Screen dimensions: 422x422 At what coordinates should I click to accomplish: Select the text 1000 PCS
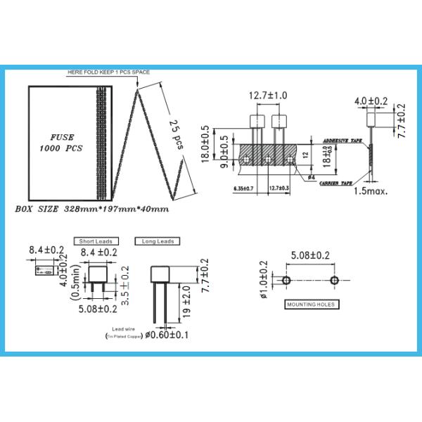(x=61, y=149)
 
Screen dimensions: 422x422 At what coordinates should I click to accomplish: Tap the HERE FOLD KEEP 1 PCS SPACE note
(x=108, y=72)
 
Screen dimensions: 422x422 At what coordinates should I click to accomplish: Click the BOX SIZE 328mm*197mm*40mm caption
(x=91, y=210)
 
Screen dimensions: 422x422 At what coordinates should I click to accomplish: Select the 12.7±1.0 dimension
(x=268, y=95)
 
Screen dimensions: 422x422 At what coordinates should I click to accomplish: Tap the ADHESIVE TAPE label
(x=341, y=141)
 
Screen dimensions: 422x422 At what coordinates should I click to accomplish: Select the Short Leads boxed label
(x=99, y=241)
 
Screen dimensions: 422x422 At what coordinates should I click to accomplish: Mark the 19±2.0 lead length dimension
(x=186, y=302)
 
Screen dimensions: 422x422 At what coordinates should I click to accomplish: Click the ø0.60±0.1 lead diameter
(x=166, y=336)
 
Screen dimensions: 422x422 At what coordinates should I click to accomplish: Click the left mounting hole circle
(x=286, y=281)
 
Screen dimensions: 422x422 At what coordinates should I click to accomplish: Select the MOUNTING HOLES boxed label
(x=310, y=305)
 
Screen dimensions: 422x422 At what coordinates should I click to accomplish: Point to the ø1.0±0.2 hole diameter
(x=264, y=280)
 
